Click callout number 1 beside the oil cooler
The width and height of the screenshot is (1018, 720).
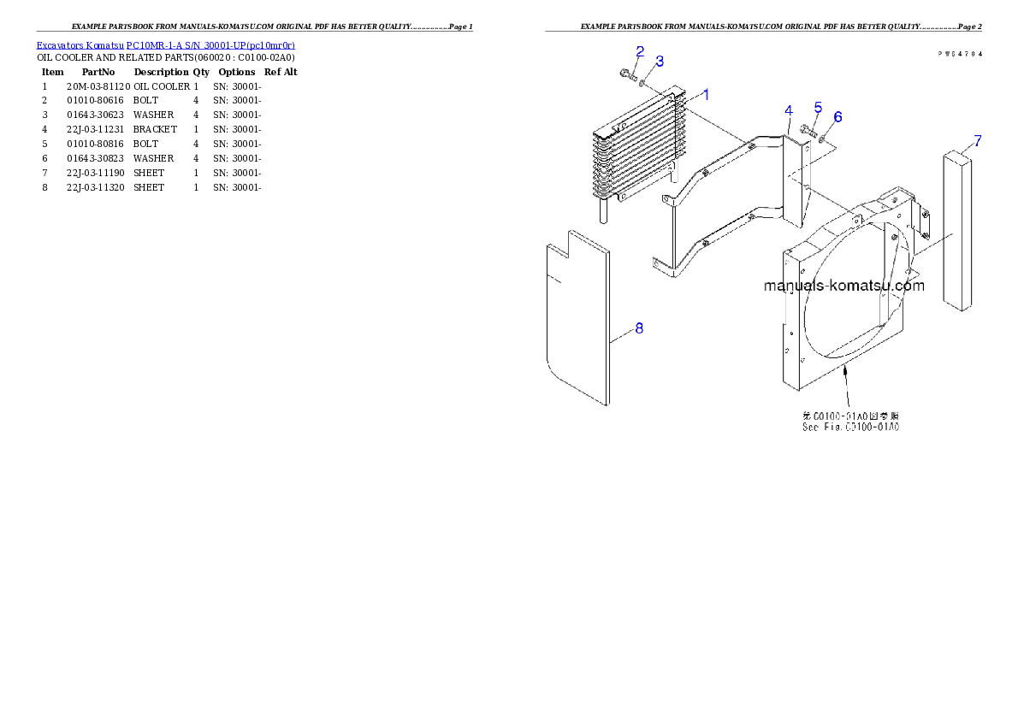[706, 94]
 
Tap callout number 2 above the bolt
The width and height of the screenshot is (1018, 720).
[639, 50]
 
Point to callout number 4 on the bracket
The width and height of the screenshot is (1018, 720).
[789, 110]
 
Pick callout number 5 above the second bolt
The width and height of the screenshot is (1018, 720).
[818, 108]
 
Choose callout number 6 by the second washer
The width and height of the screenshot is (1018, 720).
[837, 116]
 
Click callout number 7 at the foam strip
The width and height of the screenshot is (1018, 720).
[977, 141]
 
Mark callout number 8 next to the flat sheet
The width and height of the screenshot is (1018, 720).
[639, 328]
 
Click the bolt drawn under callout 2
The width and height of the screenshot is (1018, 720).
[629, 76]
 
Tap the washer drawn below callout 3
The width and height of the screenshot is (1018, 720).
[643, 83]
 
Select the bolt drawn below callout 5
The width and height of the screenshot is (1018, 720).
[808, 131]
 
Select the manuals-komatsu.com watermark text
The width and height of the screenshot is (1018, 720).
[843, 286]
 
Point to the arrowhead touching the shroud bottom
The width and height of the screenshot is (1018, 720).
[845, 369]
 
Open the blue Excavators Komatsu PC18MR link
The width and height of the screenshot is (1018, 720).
[165, 45]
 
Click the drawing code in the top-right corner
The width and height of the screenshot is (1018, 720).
[959, 53]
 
